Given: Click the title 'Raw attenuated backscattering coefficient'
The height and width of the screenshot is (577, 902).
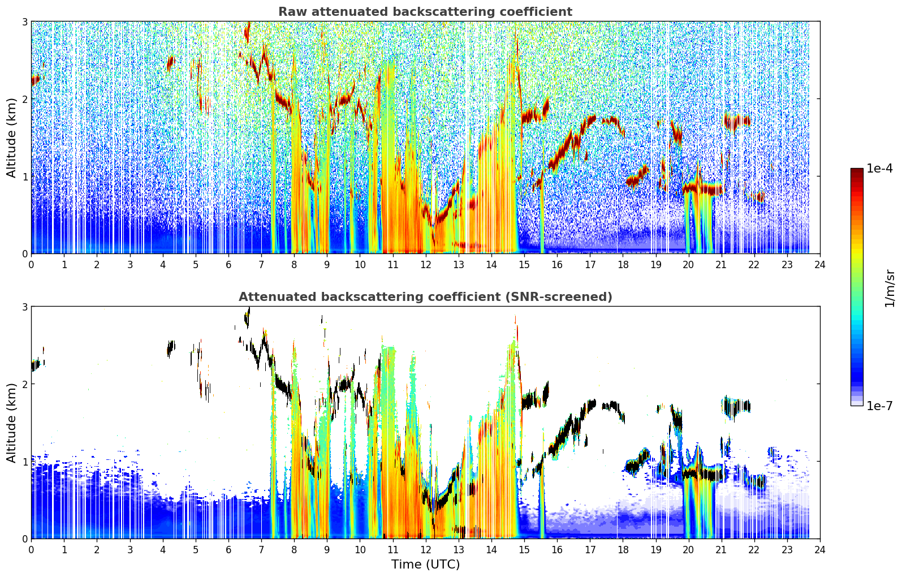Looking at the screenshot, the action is click(x=425, y=12).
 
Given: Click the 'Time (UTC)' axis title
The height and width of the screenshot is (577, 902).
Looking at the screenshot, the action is click(x=425, y=565).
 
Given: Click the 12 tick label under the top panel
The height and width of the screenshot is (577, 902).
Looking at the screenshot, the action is click(x=426, y=265).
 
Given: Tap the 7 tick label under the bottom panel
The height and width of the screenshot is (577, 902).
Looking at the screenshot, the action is click(x=261, y=550).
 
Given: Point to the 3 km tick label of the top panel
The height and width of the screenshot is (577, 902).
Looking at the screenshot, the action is click(x=24, y=21).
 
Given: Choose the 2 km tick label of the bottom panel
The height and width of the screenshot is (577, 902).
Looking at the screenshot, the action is click(x=24, y=384).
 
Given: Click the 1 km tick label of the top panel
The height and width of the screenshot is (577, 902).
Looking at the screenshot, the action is click(x=24, y=176).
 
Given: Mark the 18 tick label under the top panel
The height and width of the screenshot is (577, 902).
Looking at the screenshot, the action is click(x=623, y=265).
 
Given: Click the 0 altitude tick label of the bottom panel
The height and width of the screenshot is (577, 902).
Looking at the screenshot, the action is click(x=24, y=539).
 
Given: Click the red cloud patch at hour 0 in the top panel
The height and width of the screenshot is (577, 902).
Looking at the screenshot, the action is click(x=36, y=80).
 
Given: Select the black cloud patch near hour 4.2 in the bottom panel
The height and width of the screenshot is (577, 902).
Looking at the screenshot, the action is click(x=171, y=348).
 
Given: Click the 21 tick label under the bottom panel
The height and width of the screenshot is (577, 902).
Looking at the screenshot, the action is click(x=721, y=550).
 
